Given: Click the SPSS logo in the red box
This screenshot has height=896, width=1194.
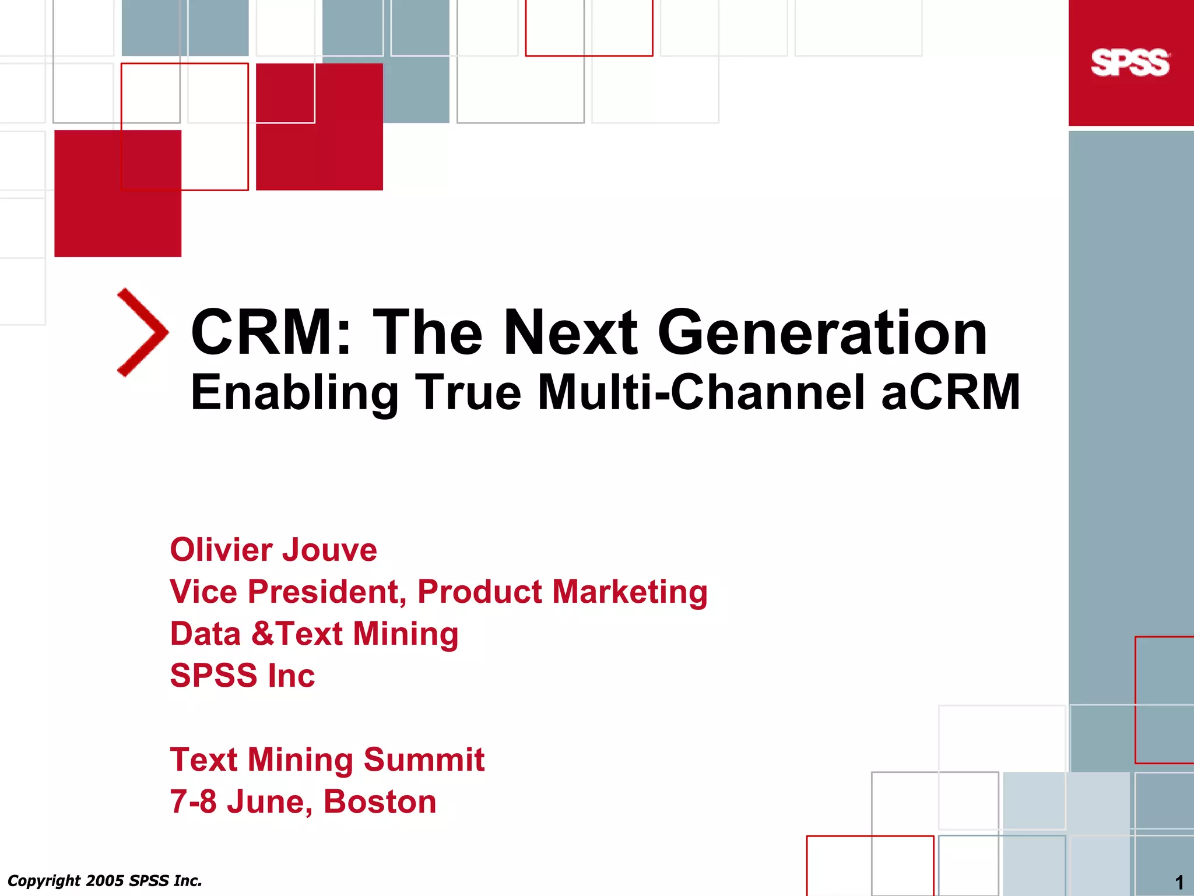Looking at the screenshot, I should coord(1130,63).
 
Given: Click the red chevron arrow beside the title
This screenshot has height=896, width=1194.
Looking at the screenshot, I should coord(143,332).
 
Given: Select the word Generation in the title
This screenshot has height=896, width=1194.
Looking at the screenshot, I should coord(822,332).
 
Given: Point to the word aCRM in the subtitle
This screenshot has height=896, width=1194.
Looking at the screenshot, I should coord(950,392).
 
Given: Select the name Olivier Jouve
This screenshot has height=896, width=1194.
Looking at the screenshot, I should coord(273,550).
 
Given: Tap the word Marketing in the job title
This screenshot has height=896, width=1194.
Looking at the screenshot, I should coord(630,592).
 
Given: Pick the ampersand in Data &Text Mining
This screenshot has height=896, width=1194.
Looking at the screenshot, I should coord(263,634).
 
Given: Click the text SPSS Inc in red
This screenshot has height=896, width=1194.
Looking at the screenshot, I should coord(242,676).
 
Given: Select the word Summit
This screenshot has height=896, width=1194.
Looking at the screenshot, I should coord(424,760).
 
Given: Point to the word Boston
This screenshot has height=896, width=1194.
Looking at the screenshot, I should coord(380,802).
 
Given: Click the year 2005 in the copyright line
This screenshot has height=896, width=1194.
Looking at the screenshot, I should coord(105,880).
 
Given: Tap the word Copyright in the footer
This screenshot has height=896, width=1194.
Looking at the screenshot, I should coord(44,880).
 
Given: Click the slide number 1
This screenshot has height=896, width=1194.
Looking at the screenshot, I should coord(1179,882).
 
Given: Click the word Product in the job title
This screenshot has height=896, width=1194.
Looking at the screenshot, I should coord(480,592).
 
